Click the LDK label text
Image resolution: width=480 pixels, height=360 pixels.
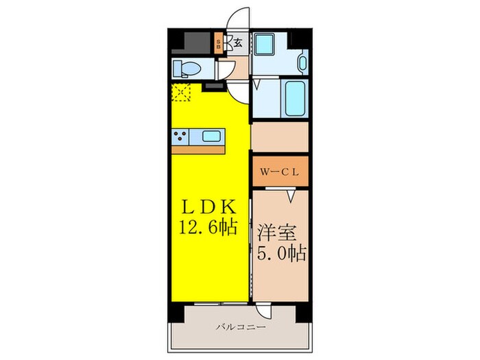pos(210,206)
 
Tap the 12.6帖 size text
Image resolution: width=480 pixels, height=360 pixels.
pos(210,226)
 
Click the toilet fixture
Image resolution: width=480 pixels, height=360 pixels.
pos(187,68)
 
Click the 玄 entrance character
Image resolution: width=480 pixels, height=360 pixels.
pos(237,43)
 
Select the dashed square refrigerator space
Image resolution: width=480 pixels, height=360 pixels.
pos(182,92)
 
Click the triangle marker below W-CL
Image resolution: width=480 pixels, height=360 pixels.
pos(291,197)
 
